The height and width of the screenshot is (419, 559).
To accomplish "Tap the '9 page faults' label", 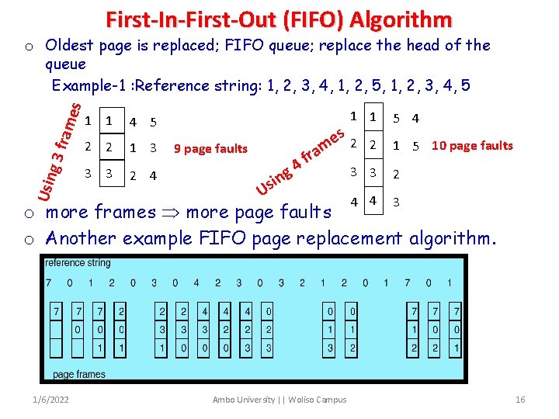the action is point(210,149).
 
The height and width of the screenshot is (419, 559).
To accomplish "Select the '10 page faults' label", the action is point(472,145).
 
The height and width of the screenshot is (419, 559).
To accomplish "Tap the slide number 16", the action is point(520,400).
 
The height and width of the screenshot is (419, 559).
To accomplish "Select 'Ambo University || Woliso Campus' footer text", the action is point(279,400).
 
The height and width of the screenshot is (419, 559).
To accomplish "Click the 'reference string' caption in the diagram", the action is point(78,264).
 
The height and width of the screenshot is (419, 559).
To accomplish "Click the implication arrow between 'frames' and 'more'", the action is point(169,212).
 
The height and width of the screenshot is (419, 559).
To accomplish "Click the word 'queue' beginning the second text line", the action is point(66,64).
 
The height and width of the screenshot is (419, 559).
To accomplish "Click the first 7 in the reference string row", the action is point(49,283).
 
